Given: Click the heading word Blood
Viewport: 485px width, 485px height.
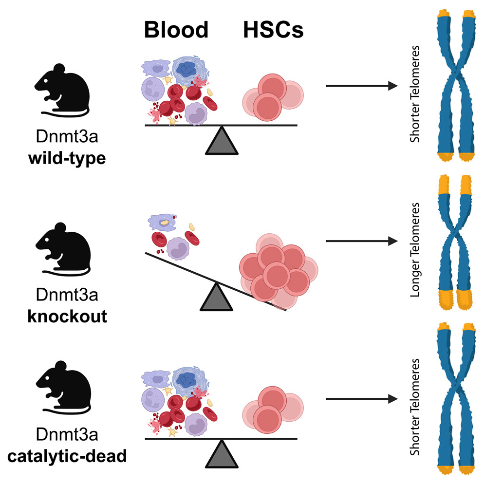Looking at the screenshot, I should tap(176, 31).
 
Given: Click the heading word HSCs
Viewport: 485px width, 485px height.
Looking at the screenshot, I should tap(273, 31).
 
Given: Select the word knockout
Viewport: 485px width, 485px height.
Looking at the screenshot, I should tap(67, 317).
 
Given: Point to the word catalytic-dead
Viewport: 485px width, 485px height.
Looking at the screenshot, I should tap(67, 457).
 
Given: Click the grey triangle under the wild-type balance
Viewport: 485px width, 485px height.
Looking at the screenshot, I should tap(222, 142).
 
